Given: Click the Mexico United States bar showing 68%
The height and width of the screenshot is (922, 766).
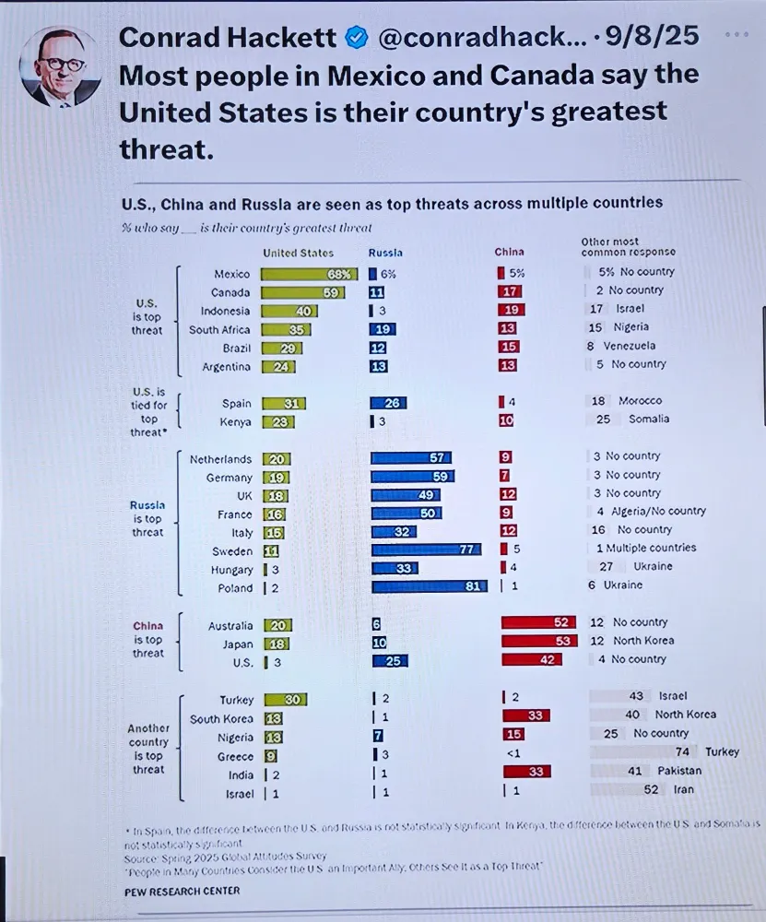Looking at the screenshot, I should [x=309, y=273].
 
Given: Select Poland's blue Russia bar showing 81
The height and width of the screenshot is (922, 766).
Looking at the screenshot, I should [x=429, y=585].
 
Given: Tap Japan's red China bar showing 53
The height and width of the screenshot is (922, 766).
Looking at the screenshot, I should [x=538, y=641].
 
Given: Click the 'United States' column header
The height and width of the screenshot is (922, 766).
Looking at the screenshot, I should [x=298, y=253].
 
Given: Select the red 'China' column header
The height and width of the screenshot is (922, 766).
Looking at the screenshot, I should [x=509, y=252].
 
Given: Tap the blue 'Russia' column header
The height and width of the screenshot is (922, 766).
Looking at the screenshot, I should [x=385, y=253].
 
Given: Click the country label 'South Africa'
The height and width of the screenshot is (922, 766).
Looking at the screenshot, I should [x=220, y=329].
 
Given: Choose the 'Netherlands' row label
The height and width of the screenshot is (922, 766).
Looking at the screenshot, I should [x=220, y=459].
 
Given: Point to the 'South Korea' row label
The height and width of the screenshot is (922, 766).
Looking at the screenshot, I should [x=221, y=719].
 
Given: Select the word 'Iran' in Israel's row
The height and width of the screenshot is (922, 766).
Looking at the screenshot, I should [x=683, y=789].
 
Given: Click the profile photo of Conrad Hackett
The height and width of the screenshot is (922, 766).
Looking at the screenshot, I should [x=60, y=66].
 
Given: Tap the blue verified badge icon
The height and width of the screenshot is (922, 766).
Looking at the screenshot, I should [x=356, y=38].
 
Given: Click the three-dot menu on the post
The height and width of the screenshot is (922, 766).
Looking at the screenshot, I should [x=737, y=35].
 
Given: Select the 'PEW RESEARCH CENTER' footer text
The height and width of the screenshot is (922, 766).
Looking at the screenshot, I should [x=182, y=892].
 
